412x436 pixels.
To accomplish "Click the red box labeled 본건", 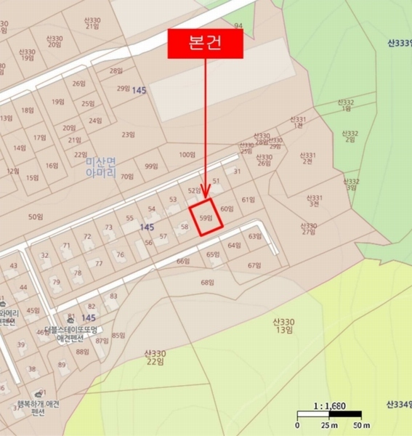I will point(205,44).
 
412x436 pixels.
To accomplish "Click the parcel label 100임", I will point(187,155).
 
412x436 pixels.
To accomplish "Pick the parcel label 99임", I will point(151,166).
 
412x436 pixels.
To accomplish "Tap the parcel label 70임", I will point(127,177).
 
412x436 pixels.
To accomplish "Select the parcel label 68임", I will point(208,282).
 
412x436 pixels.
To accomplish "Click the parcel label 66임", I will point(182,261).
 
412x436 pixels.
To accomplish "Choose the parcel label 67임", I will point(254,265).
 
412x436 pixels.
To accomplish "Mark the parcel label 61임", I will point(249,199).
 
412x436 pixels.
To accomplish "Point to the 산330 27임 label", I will point(309,229).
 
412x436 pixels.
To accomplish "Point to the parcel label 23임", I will point(129,134).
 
